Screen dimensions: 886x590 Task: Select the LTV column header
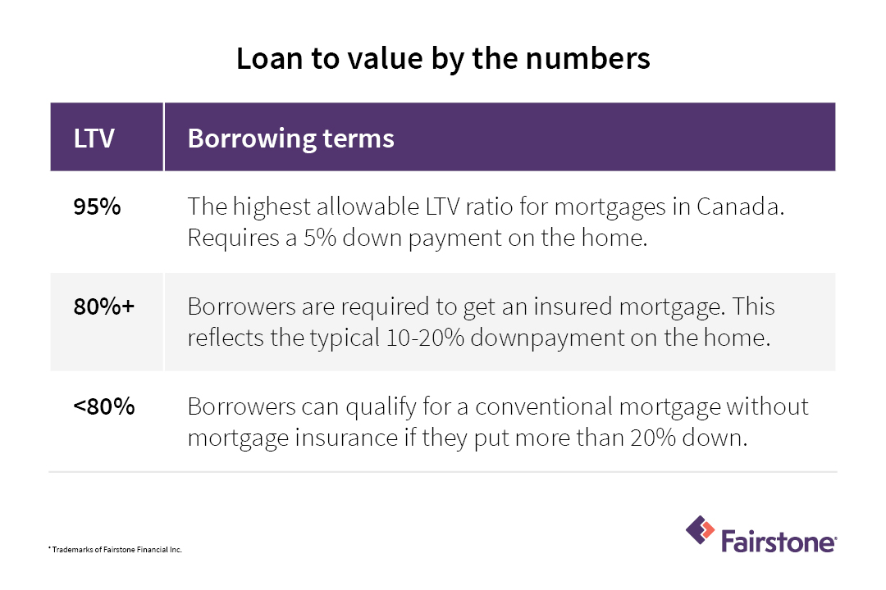pos(94,138)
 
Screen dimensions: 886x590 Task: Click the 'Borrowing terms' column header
pos(290,138)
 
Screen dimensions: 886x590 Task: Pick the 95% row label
pos(97,206)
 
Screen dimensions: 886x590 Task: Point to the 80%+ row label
pos(104,306)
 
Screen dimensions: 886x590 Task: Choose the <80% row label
pos(104,406)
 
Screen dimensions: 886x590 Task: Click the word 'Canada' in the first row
pos(740,206)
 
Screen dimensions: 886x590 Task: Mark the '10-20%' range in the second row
pos(425,338)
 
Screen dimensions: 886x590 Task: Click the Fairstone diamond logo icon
pos(700,530)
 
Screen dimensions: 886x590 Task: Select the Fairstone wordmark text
pos(779,541)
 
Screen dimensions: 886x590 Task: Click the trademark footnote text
pos(116,549)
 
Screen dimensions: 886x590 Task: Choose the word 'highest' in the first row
pos(271,208)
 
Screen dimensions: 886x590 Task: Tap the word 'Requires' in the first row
pos(233,238)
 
